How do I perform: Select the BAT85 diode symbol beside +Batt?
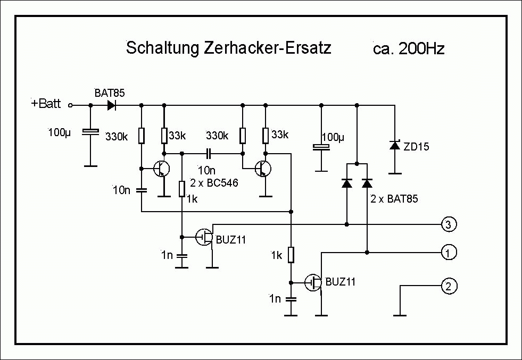point(112,105)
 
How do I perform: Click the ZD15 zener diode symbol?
point(394,145)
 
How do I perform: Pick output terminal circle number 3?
point(449,224)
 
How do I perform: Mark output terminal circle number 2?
point(449,287)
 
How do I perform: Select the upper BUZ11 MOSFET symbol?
point(204,237)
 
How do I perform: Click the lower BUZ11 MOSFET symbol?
point(313,282)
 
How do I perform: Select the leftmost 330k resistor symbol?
point(142,136)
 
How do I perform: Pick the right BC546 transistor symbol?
point(261,169)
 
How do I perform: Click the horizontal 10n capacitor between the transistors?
point(209,153)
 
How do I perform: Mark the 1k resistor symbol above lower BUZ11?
point(291,255)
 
